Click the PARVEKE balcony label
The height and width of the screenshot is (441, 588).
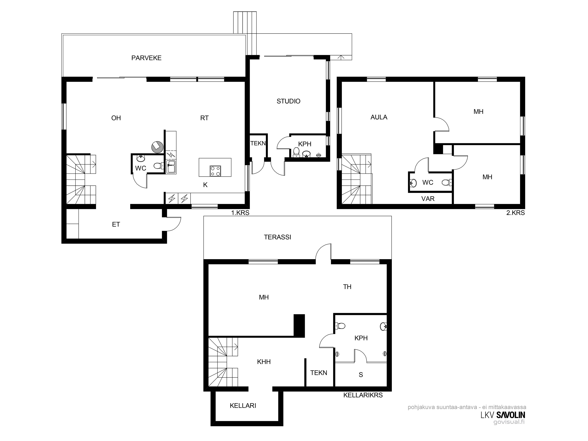(146, 58)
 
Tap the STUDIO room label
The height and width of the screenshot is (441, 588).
(289, 101)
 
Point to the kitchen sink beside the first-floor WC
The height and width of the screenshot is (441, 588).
(171, 167)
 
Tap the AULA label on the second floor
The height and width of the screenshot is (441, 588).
(379, 117)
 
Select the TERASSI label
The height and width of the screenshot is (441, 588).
(277, 237)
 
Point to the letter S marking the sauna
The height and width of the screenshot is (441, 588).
(361, 375)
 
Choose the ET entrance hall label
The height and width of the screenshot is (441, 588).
(116, 225)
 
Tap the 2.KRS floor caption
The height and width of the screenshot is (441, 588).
(515, 213)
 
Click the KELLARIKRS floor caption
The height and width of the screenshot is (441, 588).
(363, 395)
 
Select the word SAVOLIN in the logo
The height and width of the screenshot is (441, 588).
(511, 415)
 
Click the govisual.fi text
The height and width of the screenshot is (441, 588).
(509, 422)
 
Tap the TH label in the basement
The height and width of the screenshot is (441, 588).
(347, 287)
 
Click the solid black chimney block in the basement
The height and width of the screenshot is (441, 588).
(299, 326)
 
